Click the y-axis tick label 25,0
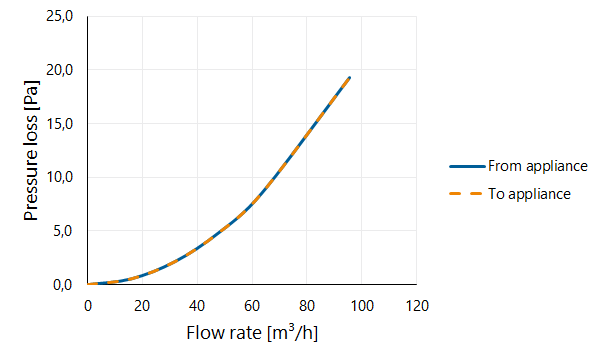(59, 16)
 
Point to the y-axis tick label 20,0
(59, 70)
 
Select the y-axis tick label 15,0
(59, 124)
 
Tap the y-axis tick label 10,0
(59, 177)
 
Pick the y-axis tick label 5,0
(63, 231)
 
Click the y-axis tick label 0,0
(63, 285)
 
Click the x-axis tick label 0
(88, 306)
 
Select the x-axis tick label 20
(142, 306)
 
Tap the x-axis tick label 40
(197, 306)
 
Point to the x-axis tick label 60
(252, 306)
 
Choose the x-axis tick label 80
(307, 306)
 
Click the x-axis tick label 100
(361, 306)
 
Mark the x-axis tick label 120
(417, 306)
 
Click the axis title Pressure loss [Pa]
(31, 150)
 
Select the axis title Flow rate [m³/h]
(252, 332)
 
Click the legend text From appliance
(538, 166)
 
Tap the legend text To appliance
(529, 194)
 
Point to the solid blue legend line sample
(467, 166)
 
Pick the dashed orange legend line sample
(465, 194)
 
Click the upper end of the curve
(350, 78)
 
